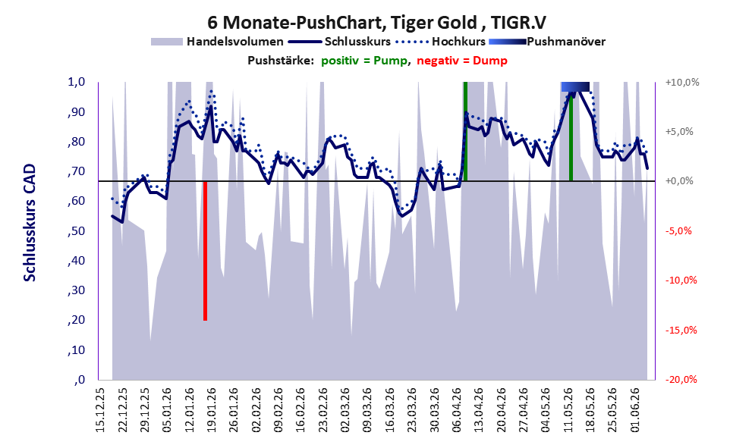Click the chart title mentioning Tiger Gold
click(376, 22)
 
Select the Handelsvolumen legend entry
click(217, 42)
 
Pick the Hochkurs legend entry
click(441, 42)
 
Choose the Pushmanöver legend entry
click(547, 42)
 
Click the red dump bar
click(206, 250)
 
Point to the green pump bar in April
click(465, 131)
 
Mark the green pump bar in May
click(571, 136)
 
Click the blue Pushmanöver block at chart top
click(575, 86)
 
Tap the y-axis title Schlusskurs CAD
click(30, 223)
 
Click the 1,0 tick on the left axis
click(77, 82)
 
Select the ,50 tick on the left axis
click(77, 231)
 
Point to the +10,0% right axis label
click(682, 83)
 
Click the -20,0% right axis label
click(681, 380)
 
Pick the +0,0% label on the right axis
click(679, 181)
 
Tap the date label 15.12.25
click(100, 410)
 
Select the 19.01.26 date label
click(212, 410)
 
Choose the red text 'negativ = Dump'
click(462, 61)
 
